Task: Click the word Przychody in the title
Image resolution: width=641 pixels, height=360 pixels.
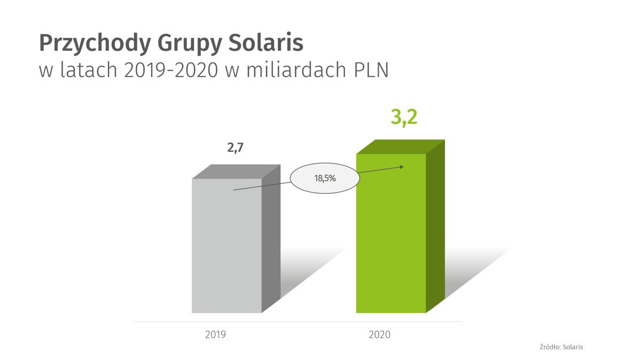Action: [x=87, y=44]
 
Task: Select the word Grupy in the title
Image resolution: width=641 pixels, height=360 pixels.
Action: [x=181, y=44]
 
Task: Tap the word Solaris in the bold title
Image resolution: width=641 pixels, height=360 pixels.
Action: [x=264, y=43]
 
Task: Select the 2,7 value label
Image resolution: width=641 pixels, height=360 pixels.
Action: [x=235, y=148]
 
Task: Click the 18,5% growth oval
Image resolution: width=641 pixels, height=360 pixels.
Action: [x=325, y=178]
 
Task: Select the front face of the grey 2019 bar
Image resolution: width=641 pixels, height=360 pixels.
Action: [x=226, y=251]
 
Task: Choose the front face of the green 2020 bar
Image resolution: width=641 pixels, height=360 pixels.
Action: [x=391, y=240]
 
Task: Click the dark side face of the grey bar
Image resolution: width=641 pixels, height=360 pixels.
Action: [x=271, y=240]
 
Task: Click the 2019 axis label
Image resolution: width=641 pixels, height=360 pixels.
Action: [x=215, y=335]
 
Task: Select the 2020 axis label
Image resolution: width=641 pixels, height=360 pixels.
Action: [x=380, y=335]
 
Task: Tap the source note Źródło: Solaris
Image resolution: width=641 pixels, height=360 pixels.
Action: [x=561, y=347]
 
